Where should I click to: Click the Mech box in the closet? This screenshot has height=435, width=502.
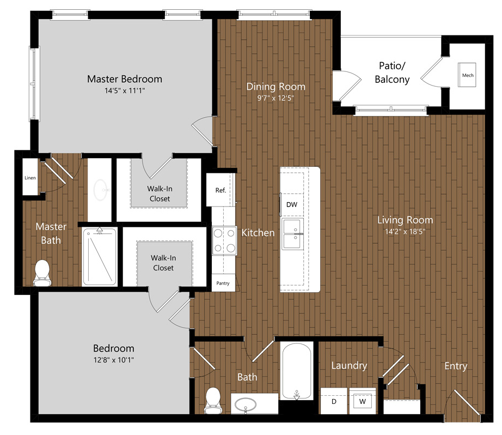tap(467, 75)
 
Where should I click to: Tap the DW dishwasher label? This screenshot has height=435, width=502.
tap(292, 204)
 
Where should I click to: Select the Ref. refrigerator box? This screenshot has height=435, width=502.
tap(221, 190)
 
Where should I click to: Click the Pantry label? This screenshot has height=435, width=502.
tap(223, 283)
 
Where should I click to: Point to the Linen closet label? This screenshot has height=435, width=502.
tap(30, 178)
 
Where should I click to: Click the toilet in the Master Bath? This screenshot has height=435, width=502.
tap(42, 273)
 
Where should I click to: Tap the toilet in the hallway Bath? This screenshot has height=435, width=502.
tap(212, 400)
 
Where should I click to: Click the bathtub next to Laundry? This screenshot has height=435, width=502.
tap(296, 371)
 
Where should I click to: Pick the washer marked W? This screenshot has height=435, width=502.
tap(363, 401)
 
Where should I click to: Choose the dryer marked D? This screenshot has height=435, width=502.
tap(334, 401)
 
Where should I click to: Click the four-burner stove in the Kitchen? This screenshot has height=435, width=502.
tap(224, 240)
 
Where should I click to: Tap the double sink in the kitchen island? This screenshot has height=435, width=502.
tap(292, 234)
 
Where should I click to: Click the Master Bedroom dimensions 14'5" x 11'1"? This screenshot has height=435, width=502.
tap(125, 90)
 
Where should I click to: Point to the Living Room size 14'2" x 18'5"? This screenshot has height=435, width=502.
tap(405, 232)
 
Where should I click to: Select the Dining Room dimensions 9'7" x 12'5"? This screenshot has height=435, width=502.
tap(276, 98)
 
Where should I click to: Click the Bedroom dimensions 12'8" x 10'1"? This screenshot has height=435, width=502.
tap(114, 360)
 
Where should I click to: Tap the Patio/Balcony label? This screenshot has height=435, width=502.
tap(392, 72)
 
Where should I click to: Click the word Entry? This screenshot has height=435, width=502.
tap(456, 366)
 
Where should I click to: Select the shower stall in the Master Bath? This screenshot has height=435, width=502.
tap(100, 256)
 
